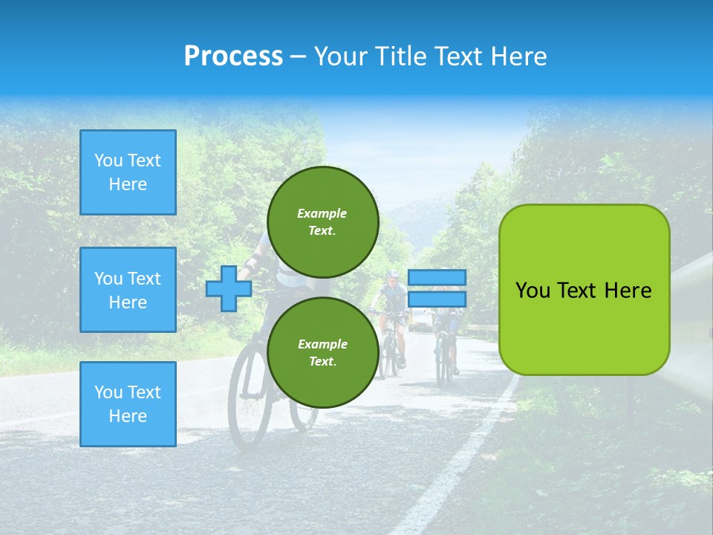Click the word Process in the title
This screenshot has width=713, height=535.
click(x=233, y=56)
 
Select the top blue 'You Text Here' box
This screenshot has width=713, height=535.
click(x=128, y=172)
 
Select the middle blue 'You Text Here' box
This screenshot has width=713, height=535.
click(x=128, y=290)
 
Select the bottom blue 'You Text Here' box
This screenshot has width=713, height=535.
click(x=128, y=404)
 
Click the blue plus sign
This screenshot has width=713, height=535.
click(x=229, y=288)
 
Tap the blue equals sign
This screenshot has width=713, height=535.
click(x=437, y=288)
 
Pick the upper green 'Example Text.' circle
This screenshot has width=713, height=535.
click(x=322, y=221)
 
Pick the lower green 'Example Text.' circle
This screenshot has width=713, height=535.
click(x=322, y=352)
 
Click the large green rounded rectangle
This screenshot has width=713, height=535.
click(x=584, y=290)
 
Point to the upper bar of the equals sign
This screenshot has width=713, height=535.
click(x=437, y=277)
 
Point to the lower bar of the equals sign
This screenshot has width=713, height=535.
click(x=437, y=299)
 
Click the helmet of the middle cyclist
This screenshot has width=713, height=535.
click(x=391, y=274)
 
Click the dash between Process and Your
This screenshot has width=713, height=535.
click(x=298, y=56)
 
